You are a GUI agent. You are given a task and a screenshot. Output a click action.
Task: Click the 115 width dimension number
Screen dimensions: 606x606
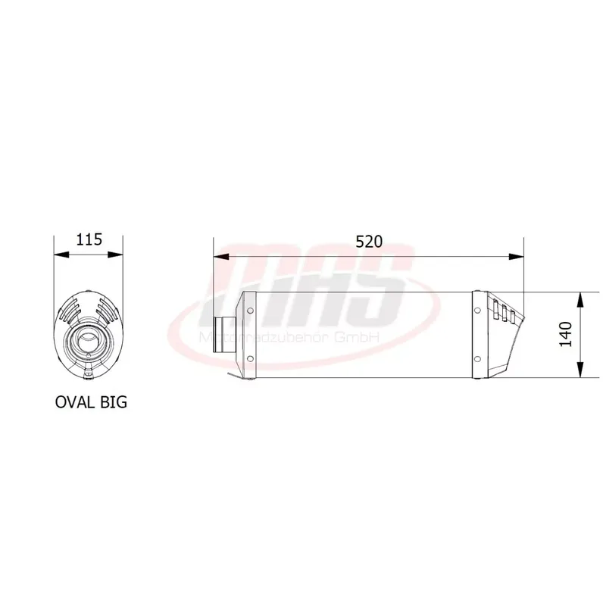(89, 241)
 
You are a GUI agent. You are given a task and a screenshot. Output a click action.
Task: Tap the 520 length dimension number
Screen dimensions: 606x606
(369, 242)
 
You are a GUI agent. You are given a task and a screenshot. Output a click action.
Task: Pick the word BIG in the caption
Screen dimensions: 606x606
(112, 401)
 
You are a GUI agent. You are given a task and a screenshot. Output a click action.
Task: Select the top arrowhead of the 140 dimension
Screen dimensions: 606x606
(579, 297)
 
